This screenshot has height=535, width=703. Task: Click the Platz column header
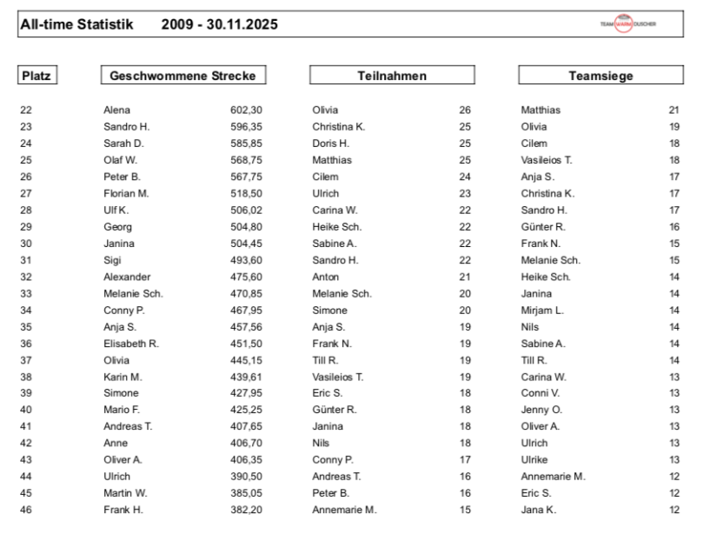[36, 76]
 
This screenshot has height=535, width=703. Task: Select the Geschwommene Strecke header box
[182, 76]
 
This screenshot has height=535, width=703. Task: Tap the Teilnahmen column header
[392, 76]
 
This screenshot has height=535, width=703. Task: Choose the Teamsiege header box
[600, 76]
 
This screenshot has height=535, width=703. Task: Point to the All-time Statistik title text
[76, 24]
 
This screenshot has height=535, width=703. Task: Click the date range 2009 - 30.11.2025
[220, 24]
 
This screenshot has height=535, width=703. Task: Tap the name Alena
[116, 110]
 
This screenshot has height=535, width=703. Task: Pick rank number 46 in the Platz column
[25, 510]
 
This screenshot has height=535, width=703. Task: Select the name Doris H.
[330, 143]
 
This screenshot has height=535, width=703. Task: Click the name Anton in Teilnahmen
[325, 277]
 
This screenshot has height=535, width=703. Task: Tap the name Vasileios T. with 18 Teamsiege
[547, 160]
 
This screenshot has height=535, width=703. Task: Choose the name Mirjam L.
[542, 310]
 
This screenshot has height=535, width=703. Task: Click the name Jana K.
[538, 510]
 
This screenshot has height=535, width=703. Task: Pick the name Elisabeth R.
[130, 343]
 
